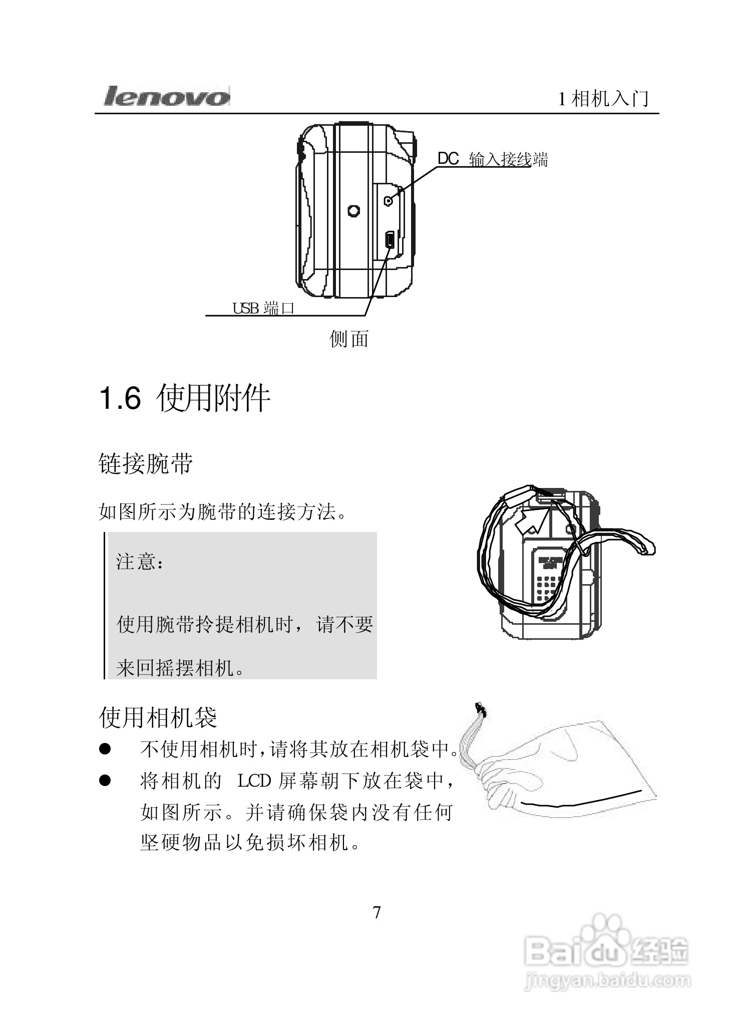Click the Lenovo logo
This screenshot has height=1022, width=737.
[x=167, y=96]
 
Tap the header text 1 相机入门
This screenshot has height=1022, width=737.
[x=603, y=99]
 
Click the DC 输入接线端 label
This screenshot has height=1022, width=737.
[x=493, y=159]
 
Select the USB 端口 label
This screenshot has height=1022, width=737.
[x=263, y=308]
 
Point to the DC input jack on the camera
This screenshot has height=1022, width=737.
[x=388, y=201]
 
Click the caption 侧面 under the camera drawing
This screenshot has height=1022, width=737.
[x=349, y=339]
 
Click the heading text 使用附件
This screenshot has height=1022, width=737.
[x=214, y=399]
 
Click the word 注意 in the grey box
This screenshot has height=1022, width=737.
[x=136, y=562]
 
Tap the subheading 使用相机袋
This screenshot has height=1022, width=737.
[x=158, y=717]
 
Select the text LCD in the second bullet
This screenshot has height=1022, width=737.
[x=254, y=781]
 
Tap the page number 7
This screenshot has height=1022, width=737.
[x=377, y=912]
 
